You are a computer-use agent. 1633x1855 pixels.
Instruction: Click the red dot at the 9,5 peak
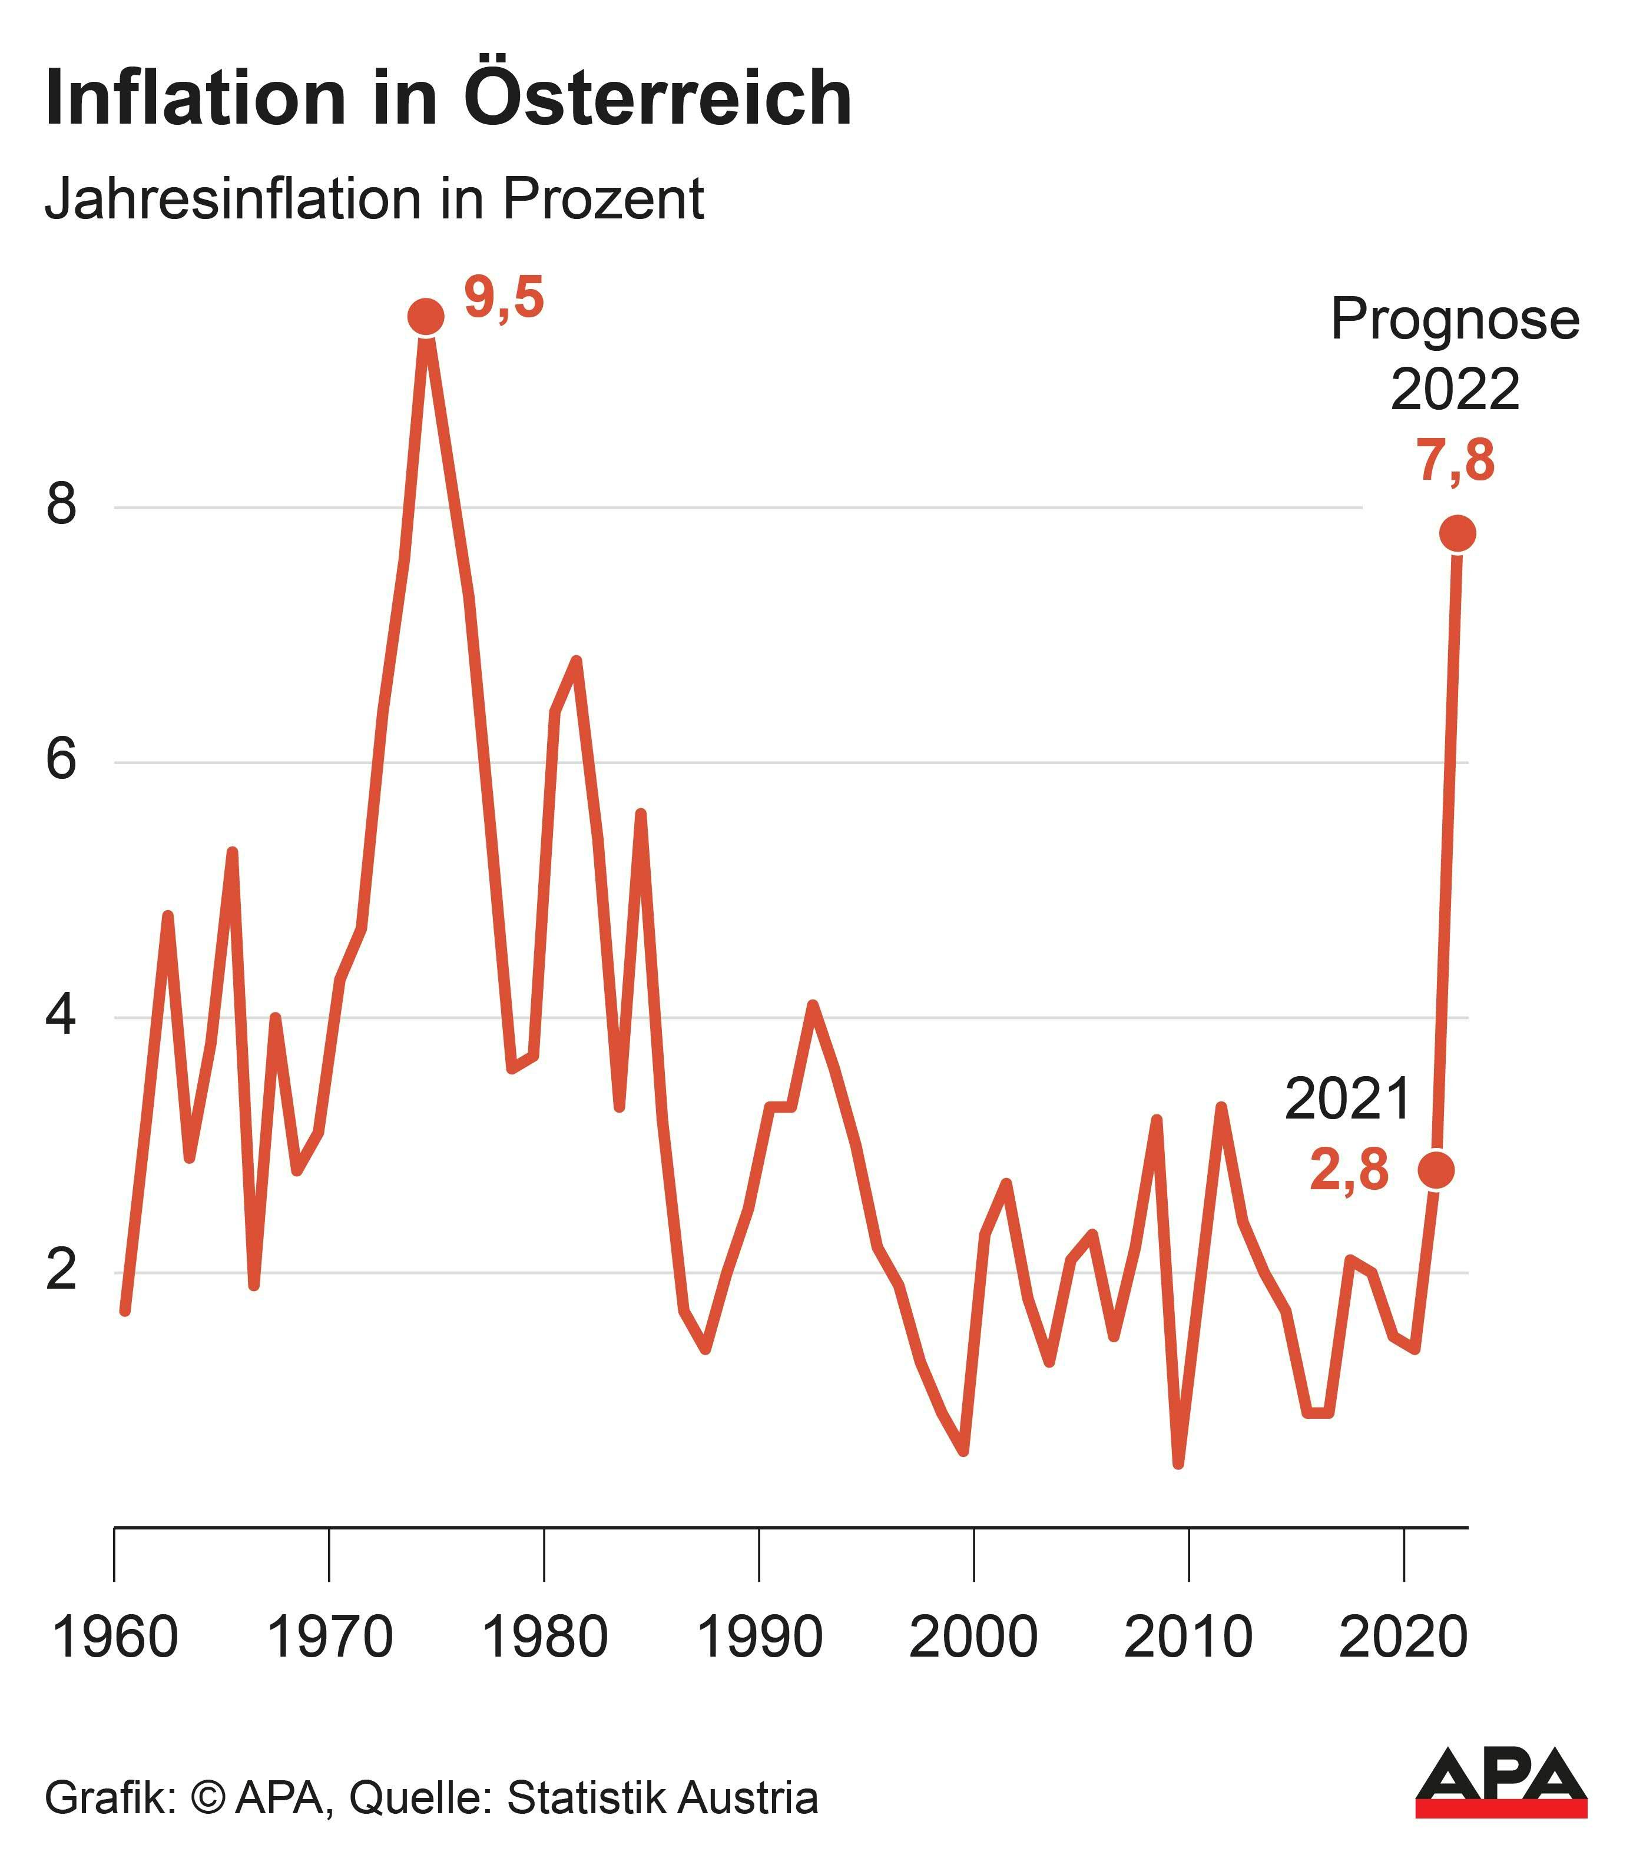pos(426,317)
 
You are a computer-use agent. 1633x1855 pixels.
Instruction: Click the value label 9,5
pos(504,298)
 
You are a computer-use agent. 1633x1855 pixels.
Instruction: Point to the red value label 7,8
pos(1455,460)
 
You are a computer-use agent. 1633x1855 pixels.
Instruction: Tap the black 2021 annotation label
pos(1348,1099)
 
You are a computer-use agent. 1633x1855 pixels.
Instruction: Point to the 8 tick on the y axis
pos(61,505)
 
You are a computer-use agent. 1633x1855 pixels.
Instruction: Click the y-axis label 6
pos(61,759)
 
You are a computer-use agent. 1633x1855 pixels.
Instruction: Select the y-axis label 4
pos(61,1016)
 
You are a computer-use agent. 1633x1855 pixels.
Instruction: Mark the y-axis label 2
pos(61,1270)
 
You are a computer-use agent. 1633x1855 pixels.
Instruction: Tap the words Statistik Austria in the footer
pos(663,1798)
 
